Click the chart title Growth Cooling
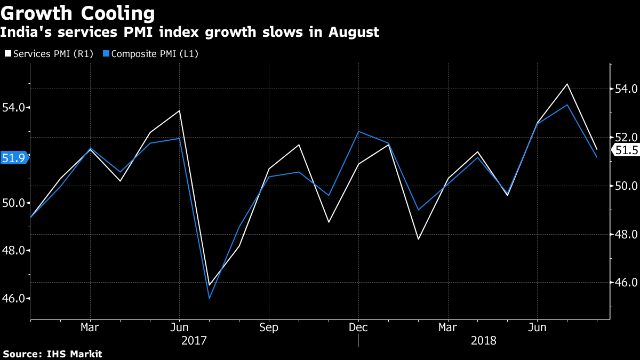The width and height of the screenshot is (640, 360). [x=78, y=13]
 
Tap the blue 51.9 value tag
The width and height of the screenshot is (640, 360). [x=13, y=158]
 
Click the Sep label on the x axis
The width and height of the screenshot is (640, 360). [x=268, y=327]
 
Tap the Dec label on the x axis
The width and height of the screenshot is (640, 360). [x=358, y=327]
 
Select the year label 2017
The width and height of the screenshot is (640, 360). [x=194, y=340]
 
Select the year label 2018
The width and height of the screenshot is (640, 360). [x=483, y=340]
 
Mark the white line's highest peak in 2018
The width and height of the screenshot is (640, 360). [x=566, y=84]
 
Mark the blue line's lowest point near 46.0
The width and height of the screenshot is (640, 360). [x=209, y=298]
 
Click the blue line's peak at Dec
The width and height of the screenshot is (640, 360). [x=358, y=132]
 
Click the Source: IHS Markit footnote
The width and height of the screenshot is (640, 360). [x=52, y=354]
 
